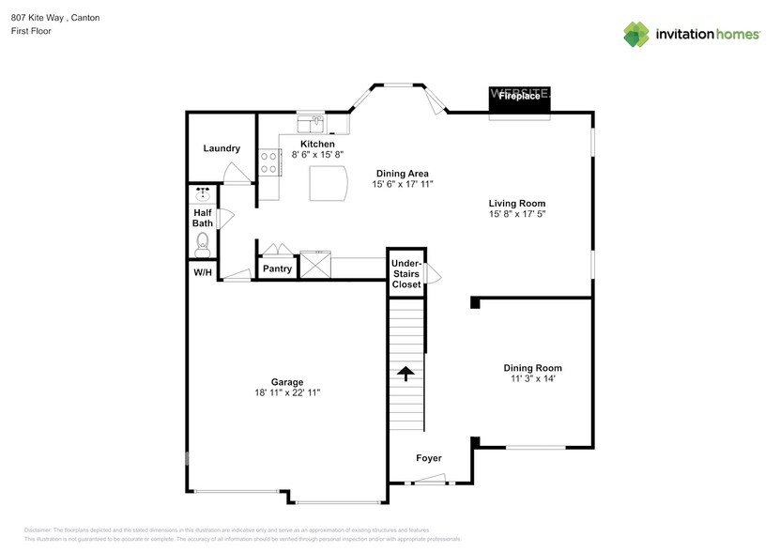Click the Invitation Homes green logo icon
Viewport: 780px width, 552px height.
pos(636,34)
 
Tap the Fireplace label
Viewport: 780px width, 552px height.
pos(519,96)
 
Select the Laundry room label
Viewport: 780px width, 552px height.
pos(222,148)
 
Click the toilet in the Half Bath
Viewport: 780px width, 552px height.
pos(202,243)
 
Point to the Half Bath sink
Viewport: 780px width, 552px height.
pos(202,194)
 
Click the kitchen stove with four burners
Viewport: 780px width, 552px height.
pos(269,162)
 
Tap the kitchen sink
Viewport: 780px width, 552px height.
pos(311,123)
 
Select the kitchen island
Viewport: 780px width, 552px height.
pos(329,183)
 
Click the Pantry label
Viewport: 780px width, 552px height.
pos(277,268)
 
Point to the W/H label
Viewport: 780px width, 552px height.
pos(202,272)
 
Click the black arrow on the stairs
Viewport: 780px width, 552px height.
pos(405,374)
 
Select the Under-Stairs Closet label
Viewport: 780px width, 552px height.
pos(406,274)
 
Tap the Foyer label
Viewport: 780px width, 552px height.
pos(429,458)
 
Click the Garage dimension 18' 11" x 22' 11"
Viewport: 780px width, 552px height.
pos(287,394)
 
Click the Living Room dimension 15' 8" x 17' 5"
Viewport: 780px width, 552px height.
pos(516,215)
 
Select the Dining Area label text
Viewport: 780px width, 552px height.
pos(402,173)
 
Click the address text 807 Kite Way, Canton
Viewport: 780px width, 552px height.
pos(63,18)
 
